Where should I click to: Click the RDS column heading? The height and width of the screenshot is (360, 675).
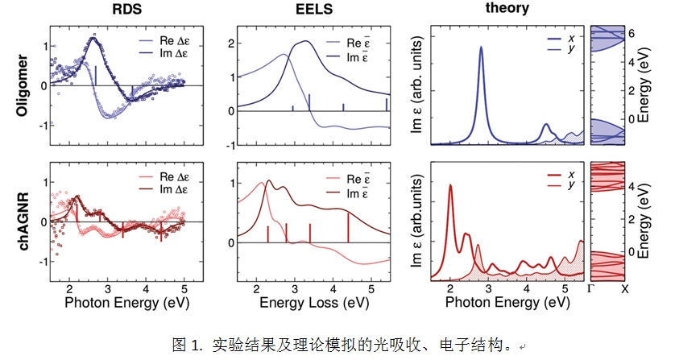(118, 10)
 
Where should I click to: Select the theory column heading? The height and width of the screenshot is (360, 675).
(507, 9)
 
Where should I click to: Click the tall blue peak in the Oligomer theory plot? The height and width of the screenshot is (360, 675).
(482, 48)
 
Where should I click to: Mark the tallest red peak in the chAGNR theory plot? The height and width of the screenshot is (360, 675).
(450, 187)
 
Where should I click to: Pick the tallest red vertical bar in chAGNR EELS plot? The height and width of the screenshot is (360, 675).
(348, 226)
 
